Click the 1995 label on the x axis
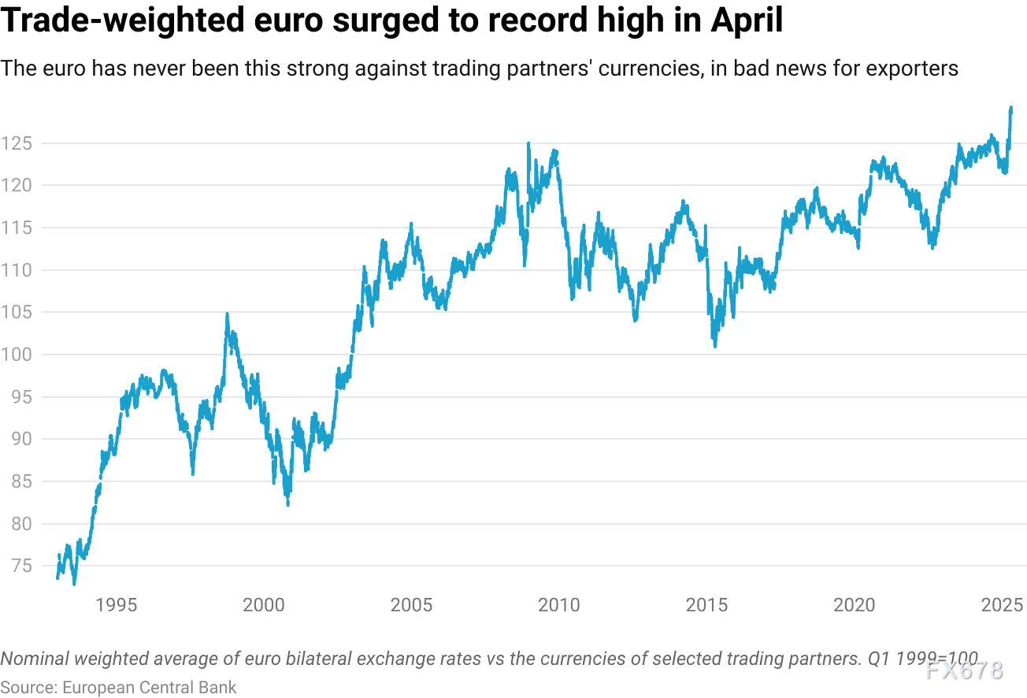116,605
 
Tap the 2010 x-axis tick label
559,605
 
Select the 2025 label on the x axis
1002,605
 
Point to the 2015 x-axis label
706,605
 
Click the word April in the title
746,21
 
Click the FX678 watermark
964,670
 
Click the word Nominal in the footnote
32,659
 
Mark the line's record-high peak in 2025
1011,108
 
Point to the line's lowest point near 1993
74,584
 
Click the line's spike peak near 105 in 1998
227,314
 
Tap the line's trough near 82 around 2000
287,504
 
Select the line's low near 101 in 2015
715,346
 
